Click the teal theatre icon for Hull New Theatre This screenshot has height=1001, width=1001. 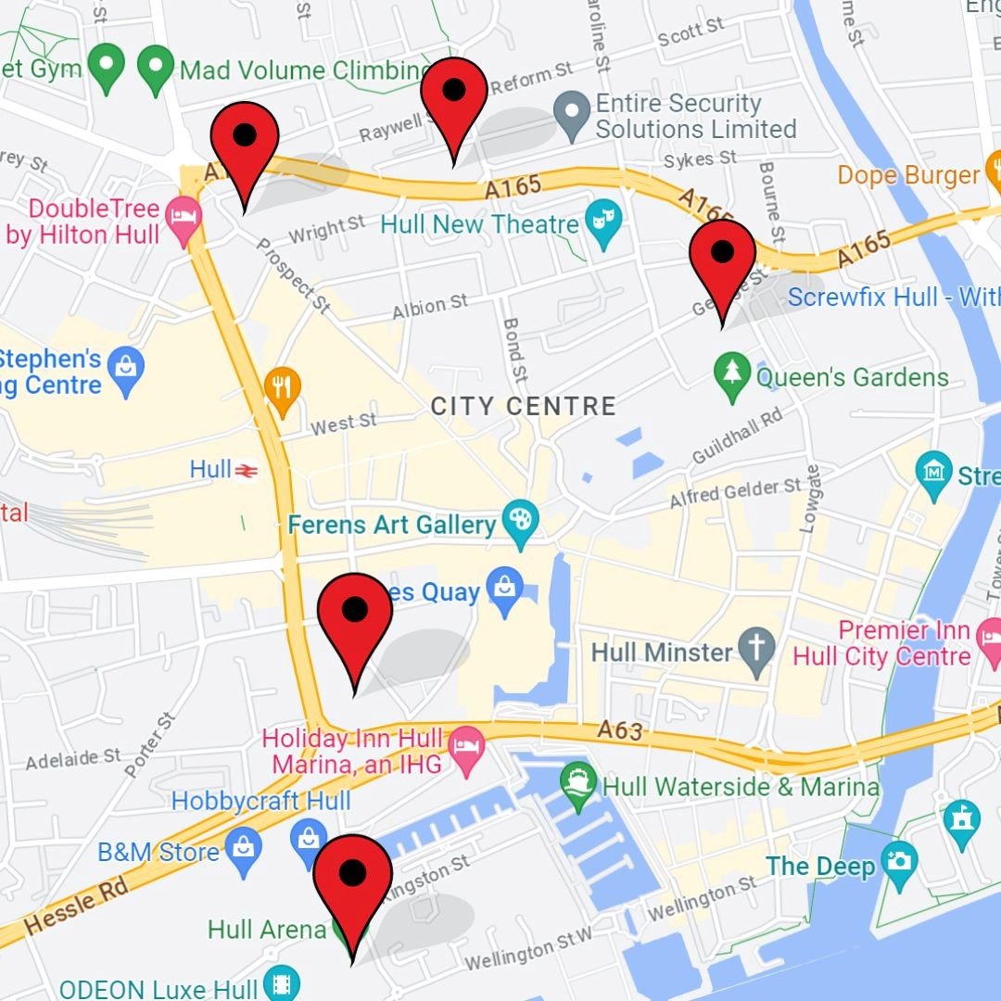point(604,225)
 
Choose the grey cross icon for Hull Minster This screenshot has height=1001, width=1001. point(757,652)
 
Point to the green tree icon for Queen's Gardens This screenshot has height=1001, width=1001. point(732,376)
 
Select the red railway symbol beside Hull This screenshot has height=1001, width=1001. point(246,471)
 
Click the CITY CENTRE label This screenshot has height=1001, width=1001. point(524,406)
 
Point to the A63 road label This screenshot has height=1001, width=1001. point(619,731)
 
